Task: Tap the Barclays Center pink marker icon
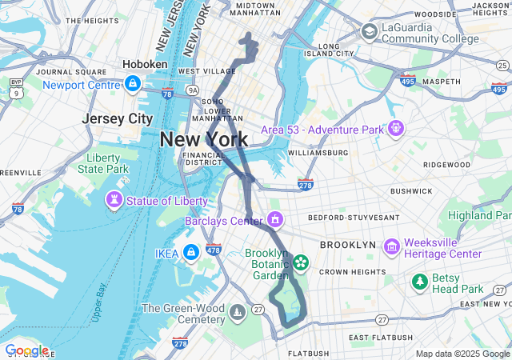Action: pos(275,218)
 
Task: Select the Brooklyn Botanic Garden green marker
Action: pos(301,262)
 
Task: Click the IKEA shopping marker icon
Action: pos(190,253)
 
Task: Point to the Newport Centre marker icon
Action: pos(133,82)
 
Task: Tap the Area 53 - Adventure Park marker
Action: pos(396,128)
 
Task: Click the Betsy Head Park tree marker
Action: pos(419,282)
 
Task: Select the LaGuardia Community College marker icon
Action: pos(369,32)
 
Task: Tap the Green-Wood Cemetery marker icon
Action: pos(238,311)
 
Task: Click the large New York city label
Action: pos(203,139)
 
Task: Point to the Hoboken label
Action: pos(145,64)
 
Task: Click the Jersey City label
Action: pos(118,118)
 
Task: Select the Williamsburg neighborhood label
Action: pos(318,152)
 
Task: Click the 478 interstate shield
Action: pos(213,249)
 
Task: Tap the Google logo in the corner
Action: pos(26,350)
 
